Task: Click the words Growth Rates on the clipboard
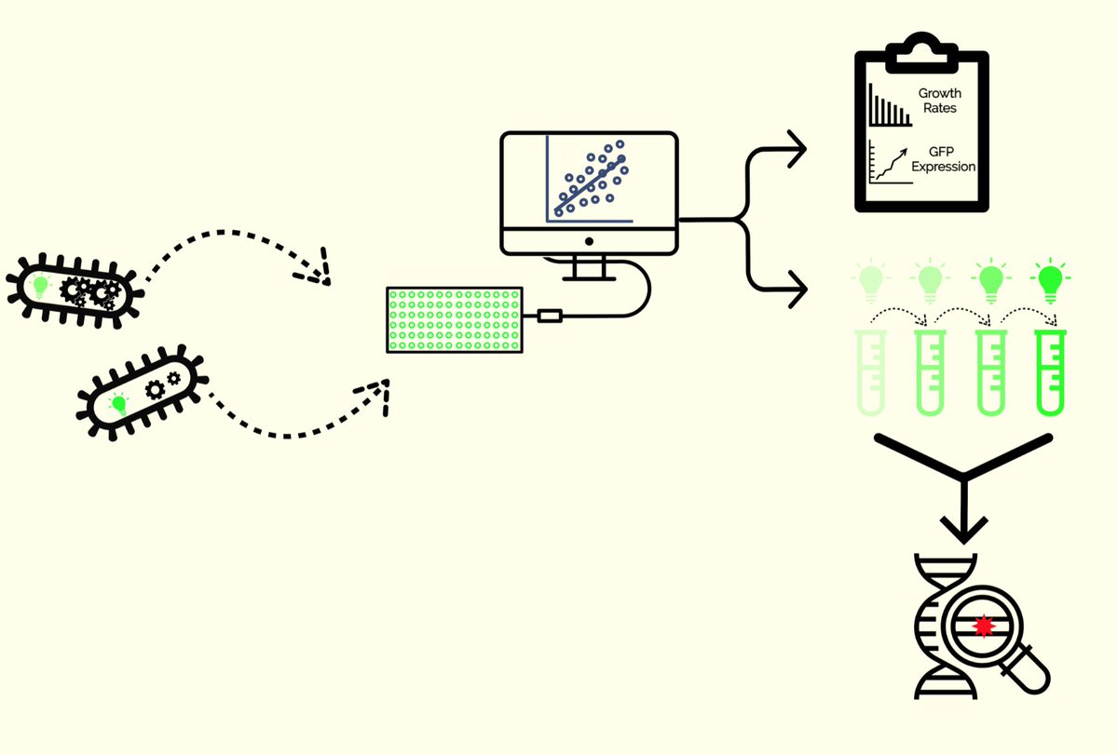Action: click(x=939, y=101)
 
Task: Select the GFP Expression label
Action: click(x=943, y=159)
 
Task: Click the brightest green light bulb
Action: click(x=1050, y=277)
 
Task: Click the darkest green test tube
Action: click(x=1051, y=372)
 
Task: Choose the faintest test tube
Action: click(x=870, y=372)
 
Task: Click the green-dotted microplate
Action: click(x=455, y=319)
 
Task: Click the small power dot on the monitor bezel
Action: click(x=589, y=241)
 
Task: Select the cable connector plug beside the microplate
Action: click(x=550, y=317)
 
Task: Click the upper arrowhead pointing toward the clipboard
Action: click(x=796, y=149)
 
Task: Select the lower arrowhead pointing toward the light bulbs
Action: click(x=796, y=288)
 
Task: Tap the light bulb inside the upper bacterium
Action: click(x=40, y=285)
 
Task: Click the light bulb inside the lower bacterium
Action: click(x=118, y=402)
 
